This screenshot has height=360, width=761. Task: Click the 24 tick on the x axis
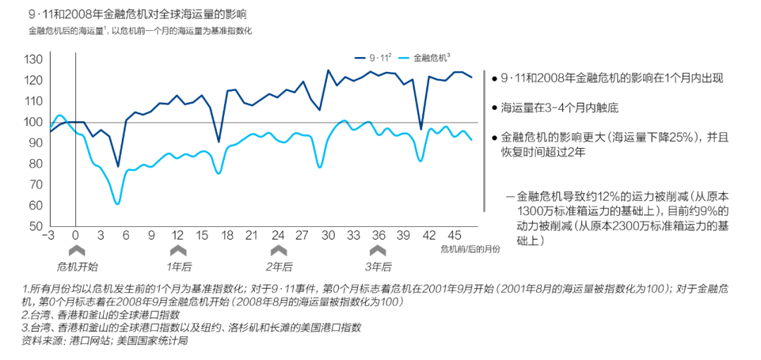click(x=278, y=235)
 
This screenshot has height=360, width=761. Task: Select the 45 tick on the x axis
click(x=455, y=235)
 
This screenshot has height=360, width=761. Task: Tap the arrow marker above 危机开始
click(x=77, y=250)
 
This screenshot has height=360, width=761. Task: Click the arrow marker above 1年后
click(x=178, y=250)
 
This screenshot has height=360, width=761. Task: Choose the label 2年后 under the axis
click(x=279, y=267)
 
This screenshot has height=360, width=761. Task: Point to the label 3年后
click(x=378, y=267)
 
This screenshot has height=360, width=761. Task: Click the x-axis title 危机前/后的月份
click(x=470, y=249)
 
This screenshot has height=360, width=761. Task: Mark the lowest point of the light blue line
click(x=117, y=204)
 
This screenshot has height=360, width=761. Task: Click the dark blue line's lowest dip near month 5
click(x=118, y=167)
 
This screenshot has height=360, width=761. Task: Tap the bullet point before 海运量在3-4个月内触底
click(x=494, y=108)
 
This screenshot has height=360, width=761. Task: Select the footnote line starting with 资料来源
click(x=106, y=341)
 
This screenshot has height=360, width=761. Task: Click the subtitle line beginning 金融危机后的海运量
click(x=140, y=32)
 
